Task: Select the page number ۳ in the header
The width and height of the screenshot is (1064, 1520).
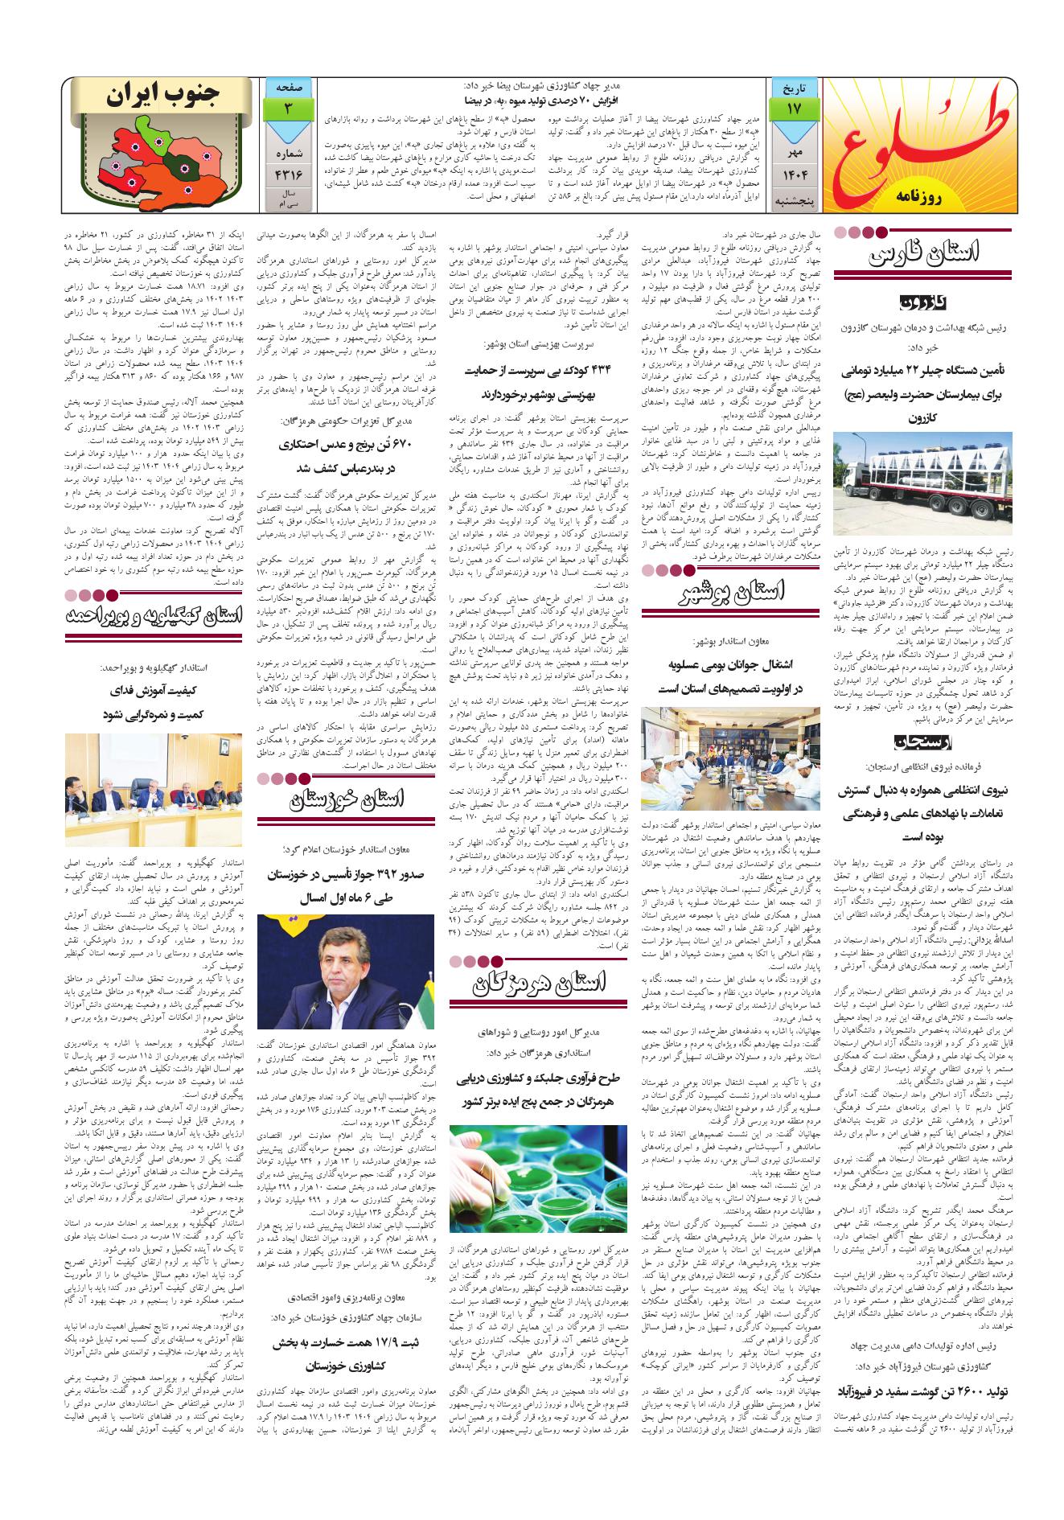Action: pyautogui.click(x=287, y=106)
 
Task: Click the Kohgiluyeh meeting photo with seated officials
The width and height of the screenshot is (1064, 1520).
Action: pyautogui.click(x=153, y=790)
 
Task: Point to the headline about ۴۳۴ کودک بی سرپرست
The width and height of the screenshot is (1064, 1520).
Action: pyautogui.click(x=538, y=383)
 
